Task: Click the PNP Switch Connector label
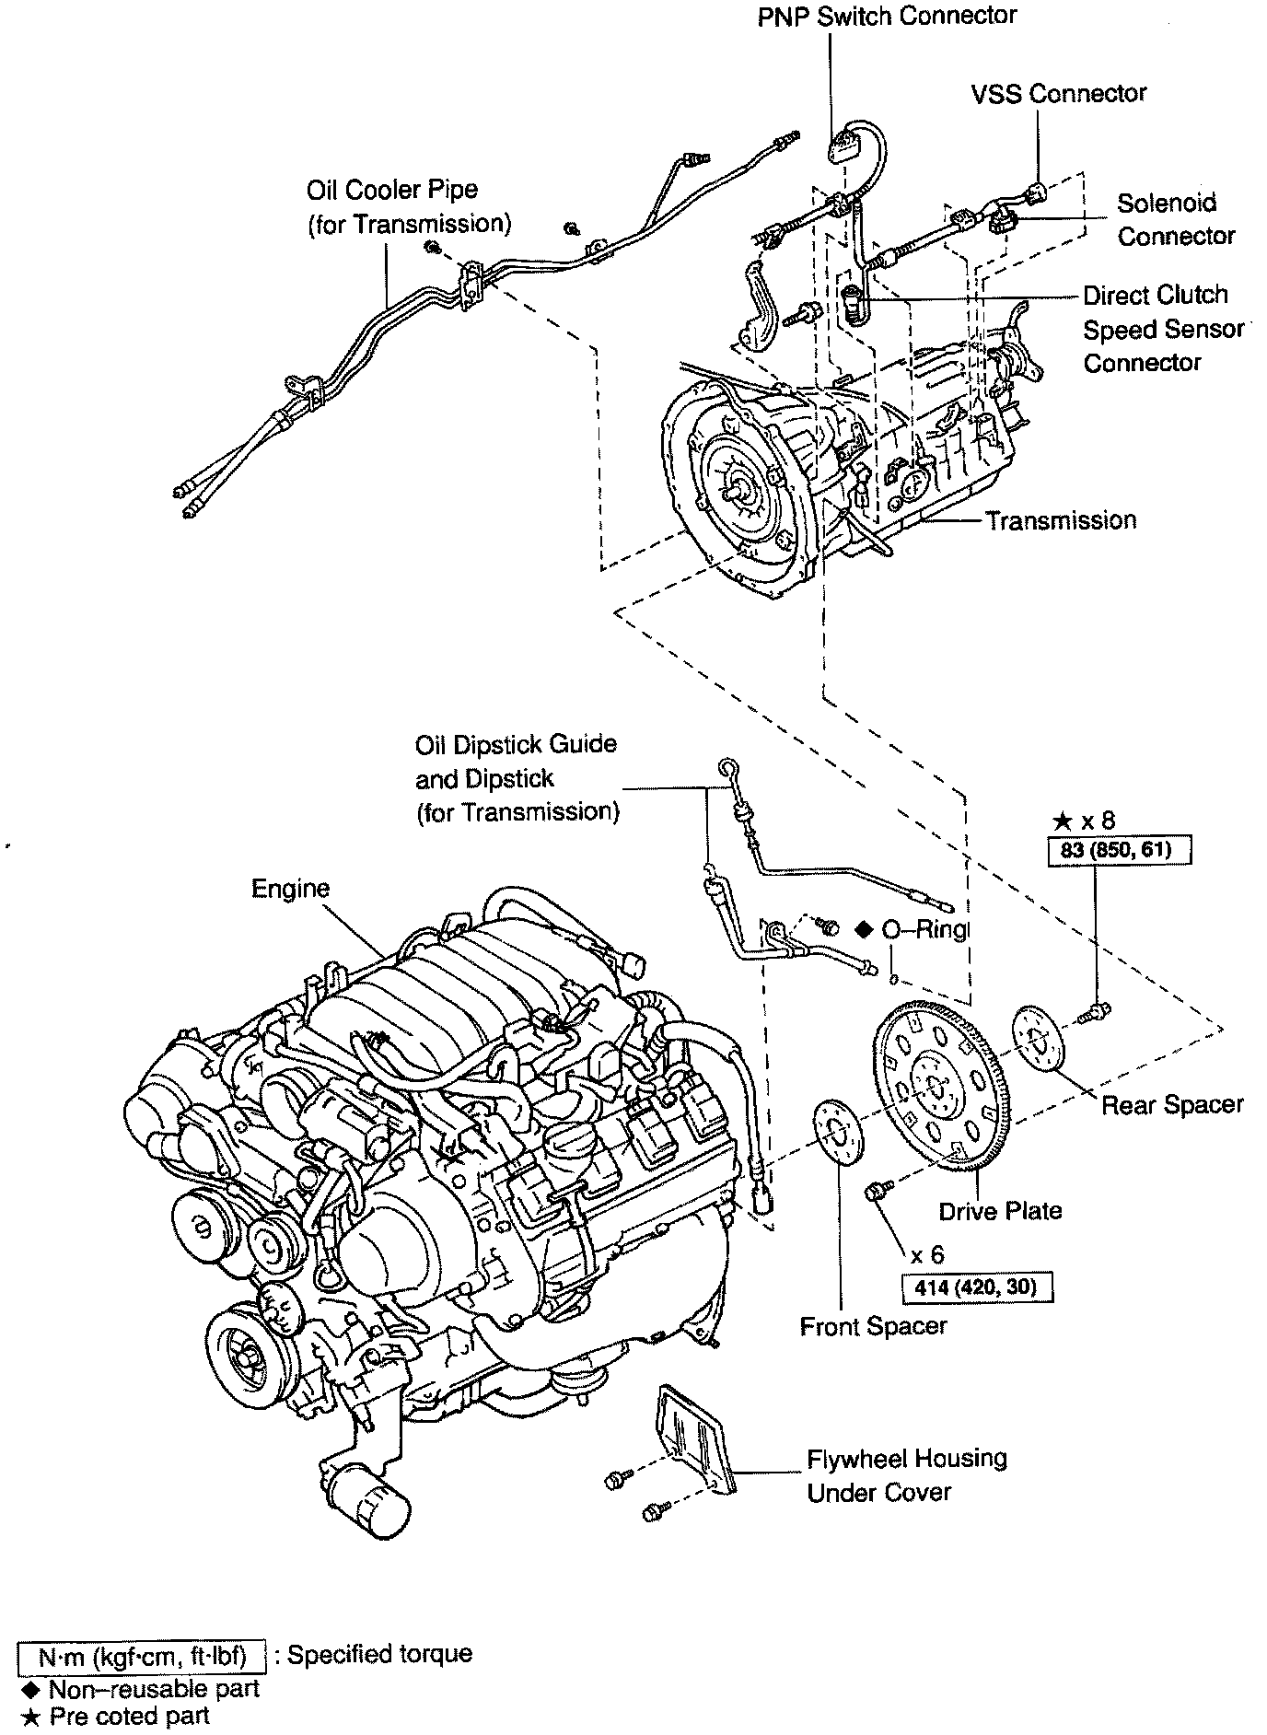(x=887, y=17)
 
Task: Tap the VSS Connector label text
(x=1059, y=93)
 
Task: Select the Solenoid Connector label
(x=1175, y=219)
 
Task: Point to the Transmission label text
(x=1061, y=521)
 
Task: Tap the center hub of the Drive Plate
(x=937, y=1084)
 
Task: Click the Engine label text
(x=290, y=889)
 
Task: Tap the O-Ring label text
(x=924, y=931)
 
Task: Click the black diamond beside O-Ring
(x=864, y=930)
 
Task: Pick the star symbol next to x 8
(x=1062, y=821)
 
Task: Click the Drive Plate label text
(x=1000, y=1211)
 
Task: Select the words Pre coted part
(x=129, y=1717)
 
